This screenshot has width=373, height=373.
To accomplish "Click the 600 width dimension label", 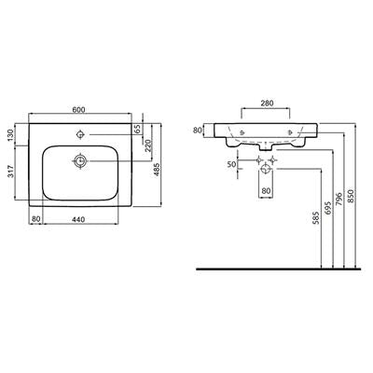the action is pos(78,109).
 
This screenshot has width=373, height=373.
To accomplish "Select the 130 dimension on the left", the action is pos(10,134).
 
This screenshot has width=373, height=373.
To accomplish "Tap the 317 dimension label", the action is pos(10,171).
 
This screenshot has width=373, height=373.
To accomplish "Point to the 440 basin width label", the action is pos(78,219).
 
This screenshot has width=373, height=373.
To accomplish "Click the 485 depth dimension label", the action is pos(157,170).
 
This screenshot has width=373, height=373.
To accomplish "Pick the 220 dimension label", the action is pos(148,145).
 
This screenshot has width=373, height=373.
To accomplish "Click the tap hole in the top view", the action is pos(80,134).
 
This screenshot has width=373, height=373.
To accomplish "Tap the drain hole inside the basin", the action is pos(80,161).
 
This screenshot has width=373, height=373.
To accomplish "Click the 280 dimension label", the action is pos(267,103).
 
